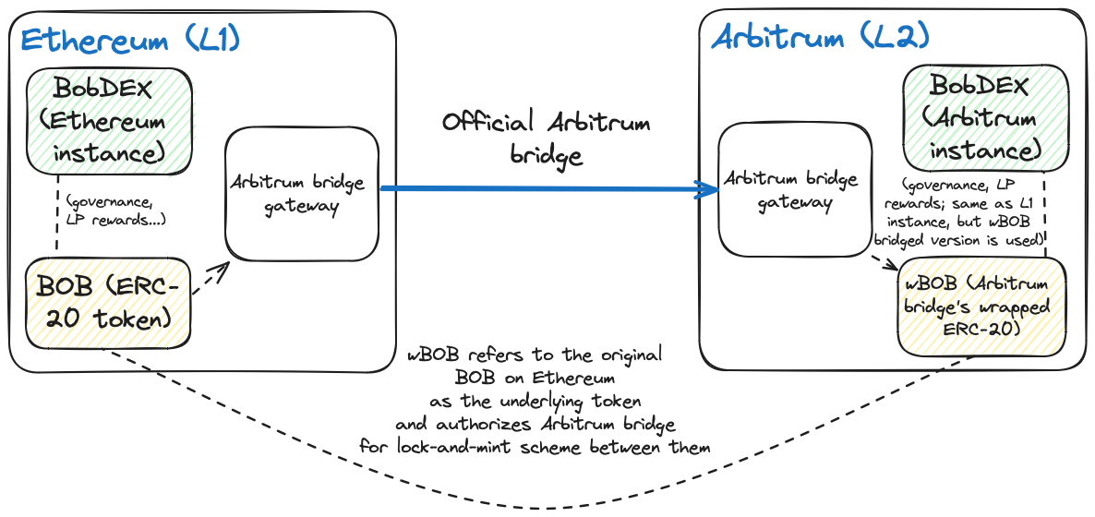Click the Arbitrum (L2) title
click(820, 38)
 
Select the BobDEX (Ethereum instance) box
click(109, 121)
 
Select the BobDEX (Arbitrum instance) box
click(985, 118)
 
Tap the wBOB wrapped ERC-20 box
click(981, 307)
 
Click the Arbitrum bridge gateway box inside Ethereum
click(302, 193)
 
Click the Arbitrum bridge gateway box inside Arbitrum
click(795, 189)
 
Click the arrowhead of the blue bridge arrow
click(712, 190)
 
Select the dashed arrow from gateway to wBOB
click(884, 261)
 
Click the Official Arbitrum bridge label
click(546, 138)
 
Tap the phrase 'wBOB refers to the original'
click(535, 355)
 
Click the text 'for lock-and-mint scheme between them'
click(535, 449)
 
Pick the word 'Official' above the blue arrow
click(488, 122)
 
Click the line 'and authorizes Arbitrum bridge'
click(535, 425)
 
